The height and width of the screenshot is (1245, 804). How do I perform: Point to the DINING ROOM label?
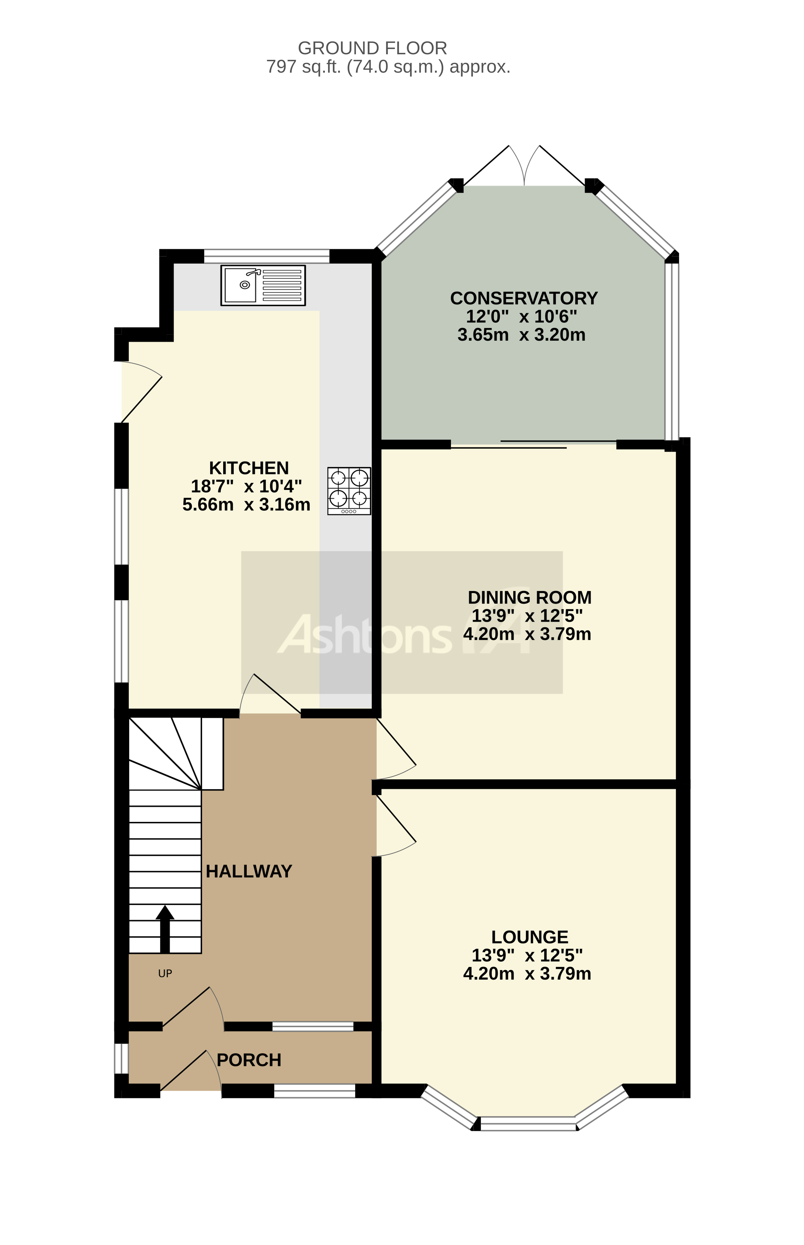click(529, 597)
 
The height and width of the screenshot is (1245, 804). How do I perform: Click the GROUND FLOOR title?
click(372, 48)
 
